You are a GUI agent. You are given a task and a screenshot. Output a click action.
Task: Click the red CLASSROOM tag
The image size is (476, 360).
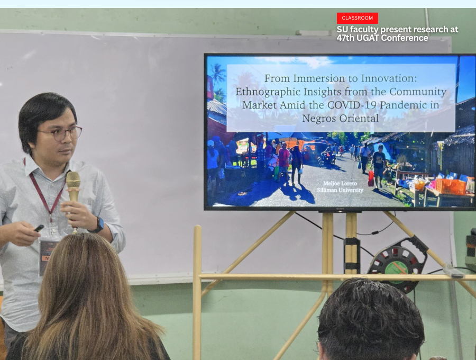(x=358, y=18)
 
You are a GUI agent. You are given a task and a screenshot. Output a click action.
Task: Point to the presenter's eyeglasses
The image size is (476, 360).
(x=60, y=133)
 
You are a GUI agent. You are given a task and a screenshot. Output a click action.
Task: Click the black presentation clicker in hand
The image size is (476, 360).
(x=39, y=228)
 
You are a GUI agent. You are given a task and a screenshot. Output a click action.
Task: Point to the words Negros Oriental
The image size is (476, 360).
(x=340, y=118)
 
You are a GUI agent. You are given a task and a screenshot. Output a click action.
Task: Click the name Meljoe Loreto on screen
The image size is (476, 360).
(x=340, y=183)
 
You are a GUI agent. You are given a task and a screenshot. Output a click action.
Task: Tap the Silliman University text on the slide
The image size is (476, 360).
(x=340, y=190)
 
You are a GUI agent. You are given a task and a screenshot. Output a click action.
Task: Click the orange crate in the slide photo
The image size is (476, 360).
(x=451, y=186)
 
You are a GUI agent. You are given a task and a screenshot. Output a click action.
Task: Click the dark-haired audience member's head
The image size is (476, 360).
(x=370, y=319)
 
